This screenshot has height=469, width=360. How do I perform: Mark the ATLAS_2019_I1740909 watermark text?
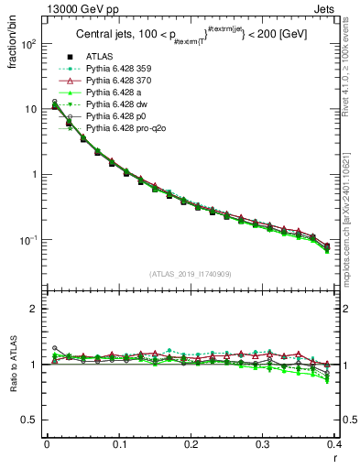coord(191,274)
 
